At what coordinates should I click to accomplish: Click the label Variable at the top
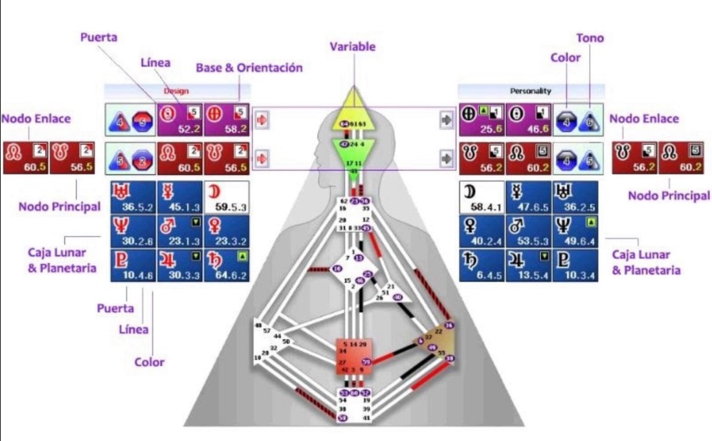[352, 47]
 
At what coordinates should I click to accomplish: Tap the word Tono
[590, 38]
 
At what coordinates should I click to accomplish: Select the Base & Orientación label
[250, 68]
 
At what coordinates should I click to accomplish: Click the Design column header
[176, 92]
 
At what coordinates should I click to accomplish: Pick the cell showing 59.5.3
[227, 197]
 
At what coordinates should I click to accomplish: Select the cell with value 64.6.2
[227, 264]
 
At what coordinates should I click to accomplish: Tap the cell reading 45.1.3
[179, 197]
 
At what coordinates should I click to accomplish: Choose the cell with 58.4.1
[481, 197]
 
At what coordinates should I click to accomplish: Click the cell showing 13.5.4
[529, 264]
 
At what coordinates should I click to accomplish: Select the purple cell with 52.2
[179, 120]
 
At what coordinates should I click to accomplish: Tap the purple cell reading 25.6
[481, 120]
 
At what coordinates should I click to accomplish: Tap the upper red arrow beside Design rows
[263, 120]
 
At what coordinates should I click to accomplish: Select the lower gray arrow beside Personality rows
[445, 158]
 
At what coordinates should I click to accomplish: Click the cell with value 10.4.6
[131, 264]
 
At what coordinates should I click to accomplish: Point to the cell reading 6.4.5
[481, 264]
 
